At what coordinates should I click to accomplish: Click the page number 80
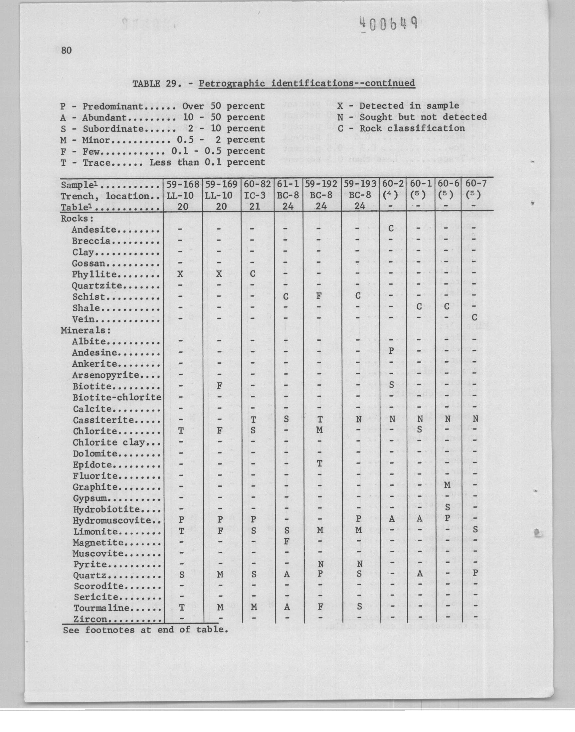pyautogui.click(x=66, y=51)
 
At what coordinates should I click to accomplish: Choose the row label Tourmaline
pyautogui.click(x=101, y=608)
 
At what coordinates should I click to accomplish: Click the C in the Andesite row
pyautogui.click(x=391, y=229)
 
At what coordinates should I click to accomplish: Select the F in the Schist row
pyautogui.click(x=319, y=296)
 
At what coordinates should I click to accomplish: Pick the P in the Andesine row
pyautogui.click(x=391, y=351)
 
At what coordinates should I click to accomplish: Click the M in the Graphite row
pyautogui.click(x=447, y=485)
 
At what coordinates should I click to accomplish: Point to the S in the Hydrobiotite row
pyautogui.click(x=448, y=507)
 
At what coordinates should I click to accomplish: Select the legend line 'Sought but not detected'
pyautogui.click(x=423, y=117)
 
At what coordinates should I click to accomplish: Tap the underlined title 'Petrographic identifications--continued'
pyautogui.click(x=307, y=83)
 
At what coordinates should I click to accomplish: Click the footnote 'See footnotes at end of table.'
pyautogui.click(x=145, y=630)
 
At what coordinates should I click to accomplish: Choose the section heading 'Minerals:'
pyautogui.click(x=86, y=330)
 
